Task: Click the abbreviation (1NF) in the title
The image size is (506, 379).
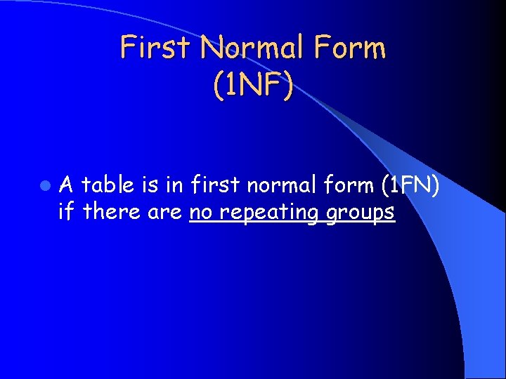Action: (x=252, y=84)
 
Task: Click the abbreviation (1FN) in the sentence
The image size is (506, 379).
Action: (x=410, y=185)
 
